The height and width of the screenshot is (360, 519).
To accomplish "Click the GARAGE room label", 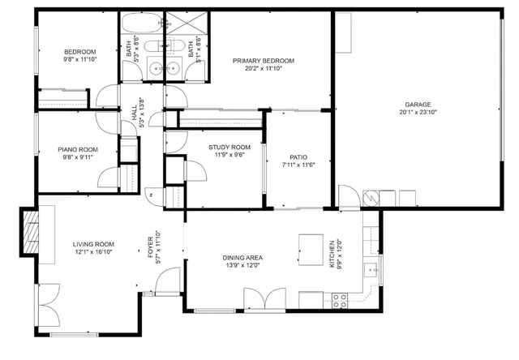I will pos(418,104).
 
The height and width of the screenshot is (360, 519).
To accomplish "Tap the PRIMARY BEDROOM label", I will pos(263,61).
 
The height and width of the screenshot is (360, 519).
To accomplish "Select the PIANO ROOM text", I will pos(77,149).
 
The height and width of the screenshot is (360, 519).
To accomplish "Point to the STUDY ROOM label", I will pos(229,147).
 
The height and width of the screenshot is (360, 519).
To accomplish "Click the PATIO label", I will pos(298,157).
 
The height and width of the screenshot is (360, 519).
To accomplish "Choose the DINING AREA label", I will pos(243,258).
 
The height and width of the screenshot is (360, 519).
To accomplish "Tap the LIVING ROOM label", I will pos(93,244).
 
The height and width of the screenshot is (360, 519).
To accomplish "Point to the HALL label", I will pos(135,114).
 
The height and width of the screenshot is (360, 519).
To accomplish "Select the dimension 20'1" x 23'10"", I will pos(418,113).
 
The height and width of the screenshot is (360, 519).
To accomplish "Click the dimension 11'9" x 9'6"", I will pos(229,155).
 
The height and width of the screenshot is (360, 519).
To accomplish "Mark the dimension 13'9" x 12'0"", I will pos(243,266).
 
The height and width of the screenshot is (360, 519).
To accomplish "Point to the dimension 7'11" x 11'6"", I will pos(298,165).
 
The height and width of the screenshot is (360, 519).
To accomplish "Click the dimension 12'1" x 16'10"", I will pos(93,252).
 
